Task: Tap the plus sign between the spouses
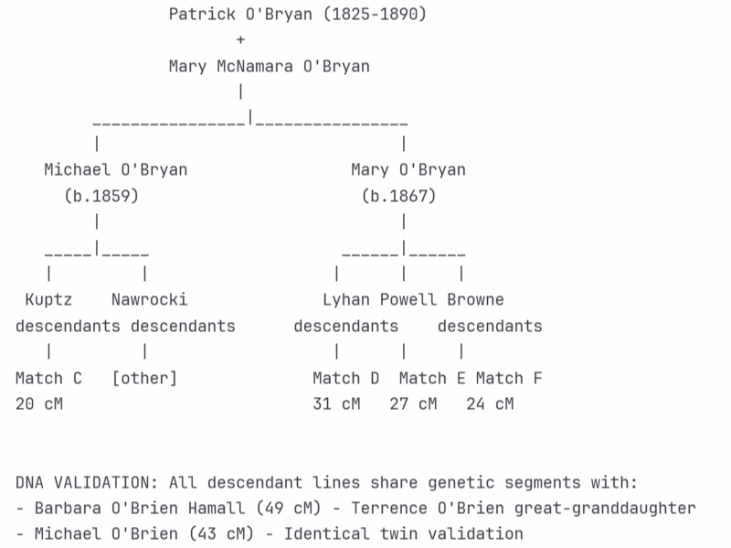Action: pyautogui.click(x=240, y=40)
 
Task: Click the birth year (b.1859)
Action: pyautogui.click(x=101, y=196)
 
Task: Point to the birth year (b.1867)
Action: pyautogui.click(x=398, y=196)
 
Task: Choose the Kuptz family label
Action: pyautogui.click(x=48, y=299)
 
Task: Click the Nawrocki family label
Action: pyautogui.click(x=150, y=299)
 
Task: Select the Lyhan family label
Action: pyautogui.click(x=346, y=299)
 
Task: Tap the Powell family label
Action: pyautogui.click(x=409, y=299)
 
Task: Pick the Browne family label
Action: pyautogui.click(x=475, y=299)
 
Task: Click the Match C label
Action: pyautogui.click(x=48, y=378)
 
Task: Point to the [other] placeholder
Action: pyautogui.click(x=144, y=378)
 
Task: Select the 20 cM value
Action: pyautogui.click(x=39, y=403)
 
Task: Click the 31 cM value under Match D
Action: pyautogui.click(x=336, y=403)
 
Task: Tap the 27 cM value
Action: pyautogui.click(x=413, y=403)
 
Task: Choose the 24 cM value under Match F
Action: pyautogui.click(x=490, y=403)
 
